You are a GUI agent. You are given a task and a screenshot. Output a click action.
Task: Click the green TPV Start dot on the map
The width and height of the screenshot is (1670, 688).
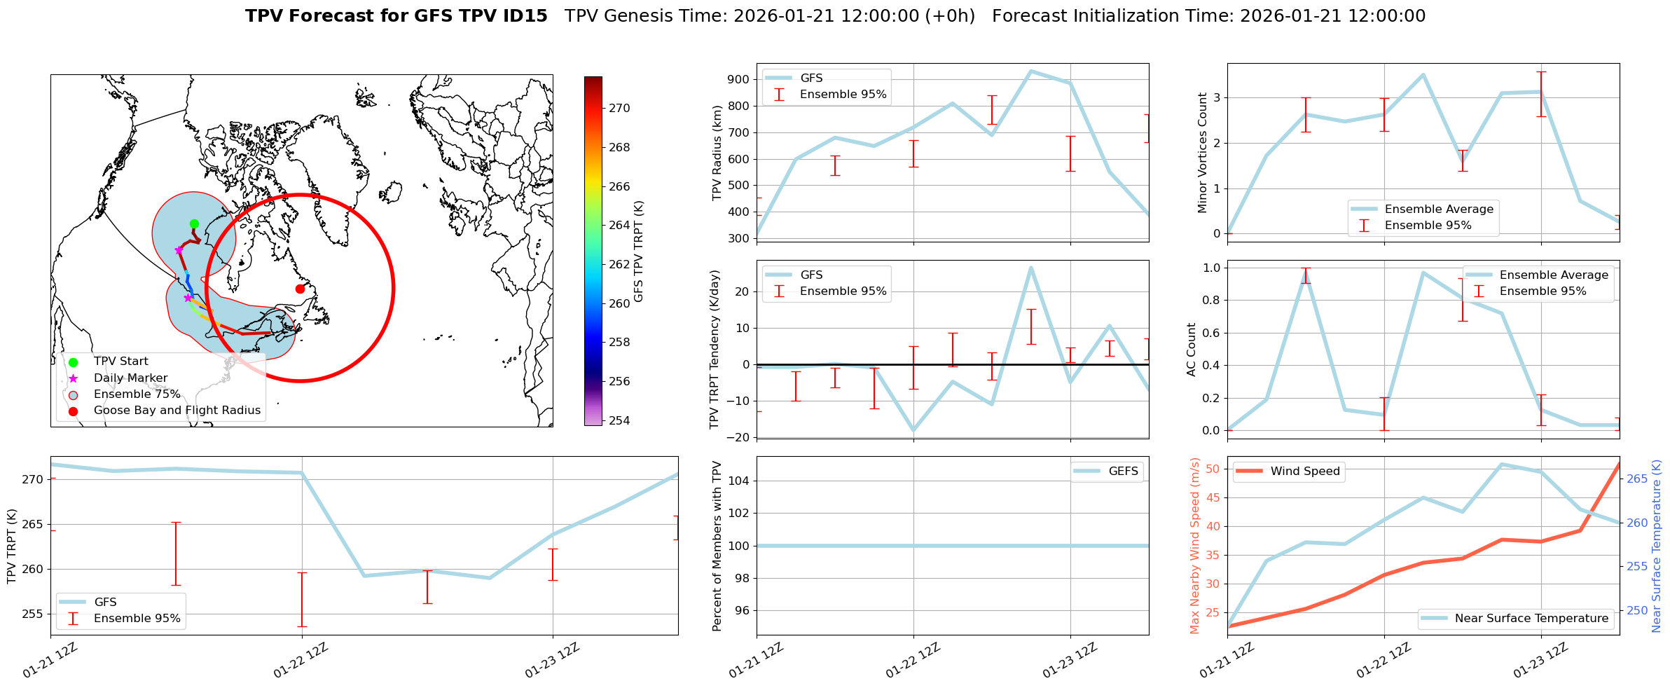click(194, 224)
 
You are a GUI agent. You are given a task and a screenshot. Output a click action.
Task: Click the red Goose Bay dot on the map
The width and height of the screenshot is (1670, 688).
click(300, 289)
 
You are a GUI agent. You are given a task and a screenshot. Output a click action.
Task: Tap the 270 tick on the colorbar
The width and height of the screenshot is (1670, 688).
click(619, 109)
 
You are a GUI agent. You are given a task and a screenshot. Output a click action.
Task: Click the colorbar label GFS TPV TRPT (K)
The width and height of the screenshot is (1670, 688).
click(639, 252)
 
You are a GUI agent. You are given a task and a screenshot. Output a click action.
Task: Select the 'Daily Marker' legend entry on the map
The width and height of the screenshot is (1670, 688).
click(130, 378)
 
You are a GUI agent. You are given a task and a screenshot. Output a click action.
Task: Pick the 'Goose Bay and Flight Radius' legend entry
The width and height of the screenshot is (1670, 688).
click(177, 411)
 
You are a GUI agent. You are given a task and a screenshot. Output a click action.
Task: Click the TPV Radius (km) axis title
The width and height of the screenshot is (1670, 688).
click(717, 153)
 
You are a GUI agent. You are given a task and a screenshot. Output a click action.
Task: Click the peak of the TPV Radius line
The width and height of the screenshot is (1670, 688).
click(1030, 71)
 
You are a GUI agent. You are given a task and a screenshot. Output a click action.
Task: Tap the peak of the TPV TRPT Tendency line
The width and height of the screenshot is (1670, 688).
click(1030, 267)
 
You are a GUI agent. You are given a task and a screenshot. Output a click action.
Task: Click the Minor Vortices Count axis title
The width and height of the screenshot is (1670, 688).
click(1203, 153)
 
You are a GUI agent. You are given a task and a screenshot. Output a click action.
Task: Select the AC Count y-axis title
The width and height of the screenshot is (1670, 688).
click(1192, 350)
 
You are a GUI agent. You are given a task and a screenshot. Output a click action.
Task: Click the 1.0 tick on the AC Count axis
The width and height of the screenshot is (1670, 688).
click(1211, 268)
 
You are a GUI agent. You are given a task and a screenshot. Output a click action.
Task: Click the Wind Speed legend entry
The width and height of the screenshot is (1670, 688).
click(1304, 472)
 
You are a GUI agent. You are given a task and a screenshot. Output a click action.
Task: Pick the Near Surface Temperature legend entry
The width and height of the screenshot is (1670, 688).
click(1531, 619)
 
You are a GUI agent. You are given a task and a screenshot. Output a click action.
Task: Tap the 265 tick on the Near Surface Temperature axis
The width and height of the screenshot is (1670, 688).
click(1637, 479)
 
